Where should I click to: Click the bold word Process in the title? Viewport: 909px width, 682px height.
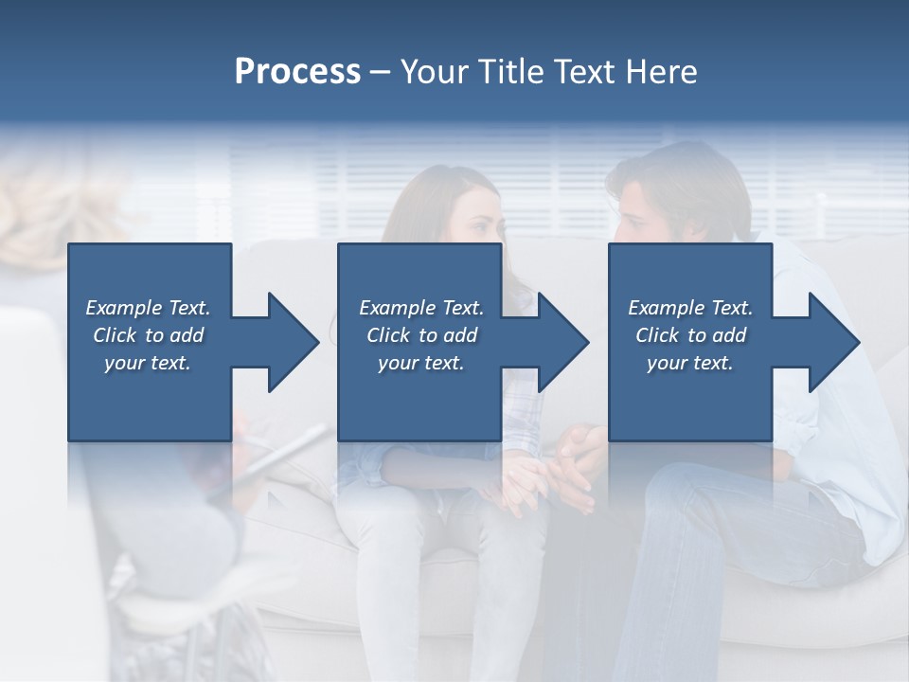point(297,72)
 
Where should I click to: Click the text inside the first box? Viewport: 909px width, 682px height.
point(148,335)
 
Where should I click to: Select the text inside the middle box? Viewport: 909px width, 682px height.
point(420,335)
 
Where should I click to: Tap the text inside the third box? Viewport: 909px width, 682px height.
point(689,335)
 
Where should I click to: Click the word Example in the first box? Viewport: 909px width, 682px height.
point(124,308)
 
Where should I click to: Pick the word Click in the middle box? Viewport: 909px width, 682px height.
point(386,335)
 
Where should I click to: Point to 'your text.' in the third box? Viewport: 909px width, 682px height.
point(689,363)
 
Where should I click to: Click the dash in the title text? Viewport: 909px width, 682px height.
point(380,73)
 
